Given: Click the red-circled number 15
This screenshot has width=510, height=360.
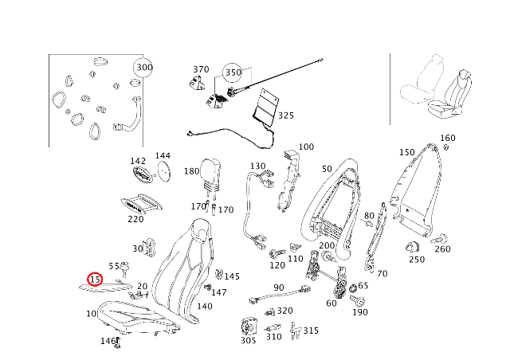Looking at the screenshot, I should (x=96, y=280).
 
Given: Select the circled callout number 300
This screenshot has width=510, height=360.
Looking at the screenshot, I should (x=143, y=68).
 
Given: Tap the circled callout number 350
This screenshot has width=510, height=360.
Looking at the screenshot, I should (x=233, y=72).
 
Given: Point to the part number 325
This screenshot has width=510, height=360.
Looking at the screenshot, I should (x=285, y=115).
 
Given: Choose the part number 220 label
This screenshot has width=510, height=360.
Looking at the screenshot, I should (x=135, y=220).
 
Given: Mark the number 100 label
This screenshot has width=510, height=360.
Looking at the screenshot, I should (x=306, y=147).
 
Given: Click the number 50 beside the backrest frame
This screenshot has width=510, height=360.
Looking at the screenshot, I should (x=327, y=169).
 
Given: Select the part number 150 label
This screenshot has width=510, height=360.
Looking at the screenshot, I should (x=406, y=152).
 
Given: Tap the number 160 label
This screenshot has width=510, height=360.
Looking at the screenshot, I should (x=448, y=138).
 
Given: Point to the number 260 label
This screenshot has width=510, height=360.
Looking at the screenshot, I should (x=442, y=249).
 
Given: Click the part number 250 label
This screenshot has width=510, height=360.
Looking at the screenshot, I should (x=417, y=260).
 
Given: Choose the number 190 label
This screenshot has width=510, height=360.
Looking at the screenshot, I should (x=360, y=312).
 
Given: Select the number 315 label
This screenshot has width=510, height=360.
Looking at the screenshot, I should (x=311, y=331).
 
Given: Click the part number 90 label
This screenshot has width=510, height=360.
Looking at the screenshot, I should (x=278, y=288).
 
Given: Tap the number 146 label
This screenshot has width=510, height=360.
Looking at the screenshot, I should (x=108, y=341).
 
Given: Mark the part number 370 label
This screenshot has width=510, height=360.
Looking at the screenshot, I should (x=201, y=69).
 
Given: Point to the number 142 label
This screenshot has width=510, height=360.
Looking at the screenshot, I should (x=138, y=161).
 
